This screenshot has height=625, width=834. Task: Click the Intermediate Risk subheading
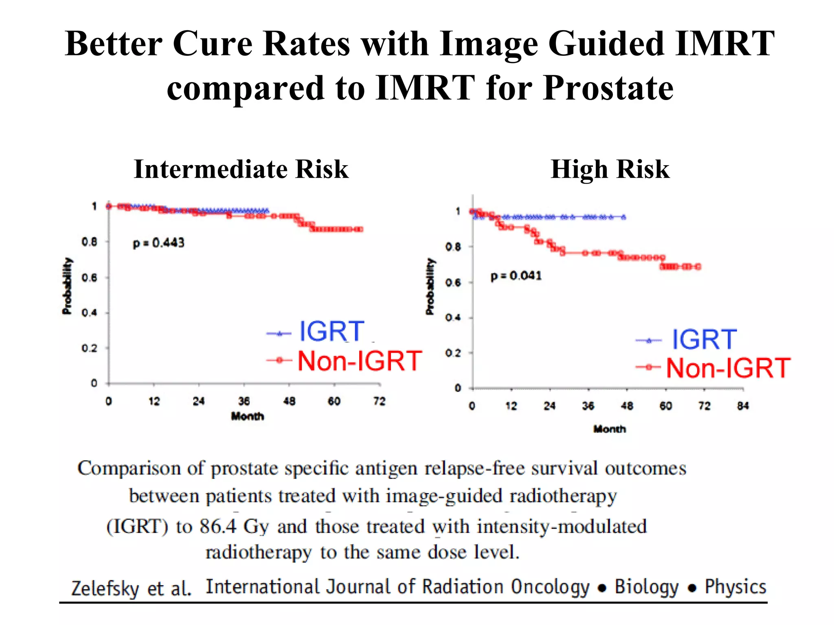(241, 169)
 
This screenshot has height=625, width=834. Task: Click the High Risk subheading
(610, 169)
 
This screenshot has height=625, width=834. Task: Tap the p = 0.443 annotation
(159, 243)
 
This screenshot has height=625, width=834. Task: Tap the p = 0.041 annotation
(516, 276)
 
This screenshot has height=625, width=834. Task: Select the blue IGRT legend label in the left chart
(331, 331)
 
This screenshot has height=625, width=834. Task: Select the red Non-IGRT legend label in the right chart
(728, 368)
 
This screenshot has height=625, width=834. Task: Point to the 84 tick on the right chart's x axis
(743, 406)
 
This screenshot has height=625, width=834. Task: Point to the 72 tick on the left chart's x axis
(379, 401)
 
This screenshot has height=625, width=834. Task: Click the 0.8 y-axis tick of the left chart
(89, 242)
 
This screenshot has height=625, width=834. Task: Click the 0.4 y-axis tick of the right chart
(453, 317)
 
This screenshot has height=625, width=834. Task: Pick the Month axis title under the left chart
(247, 416)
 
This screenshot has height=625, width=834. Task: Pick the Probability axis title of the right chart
(430, 286)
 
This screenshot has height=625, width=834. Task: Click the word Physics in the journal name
(735, 587)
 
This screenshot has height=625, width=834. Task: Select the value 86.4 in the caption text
(218, 526)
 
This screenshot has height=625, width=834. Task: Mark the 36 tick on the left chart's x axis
(244, 401)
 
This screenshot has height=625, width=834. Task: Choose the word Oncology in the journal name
(550, 587)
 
